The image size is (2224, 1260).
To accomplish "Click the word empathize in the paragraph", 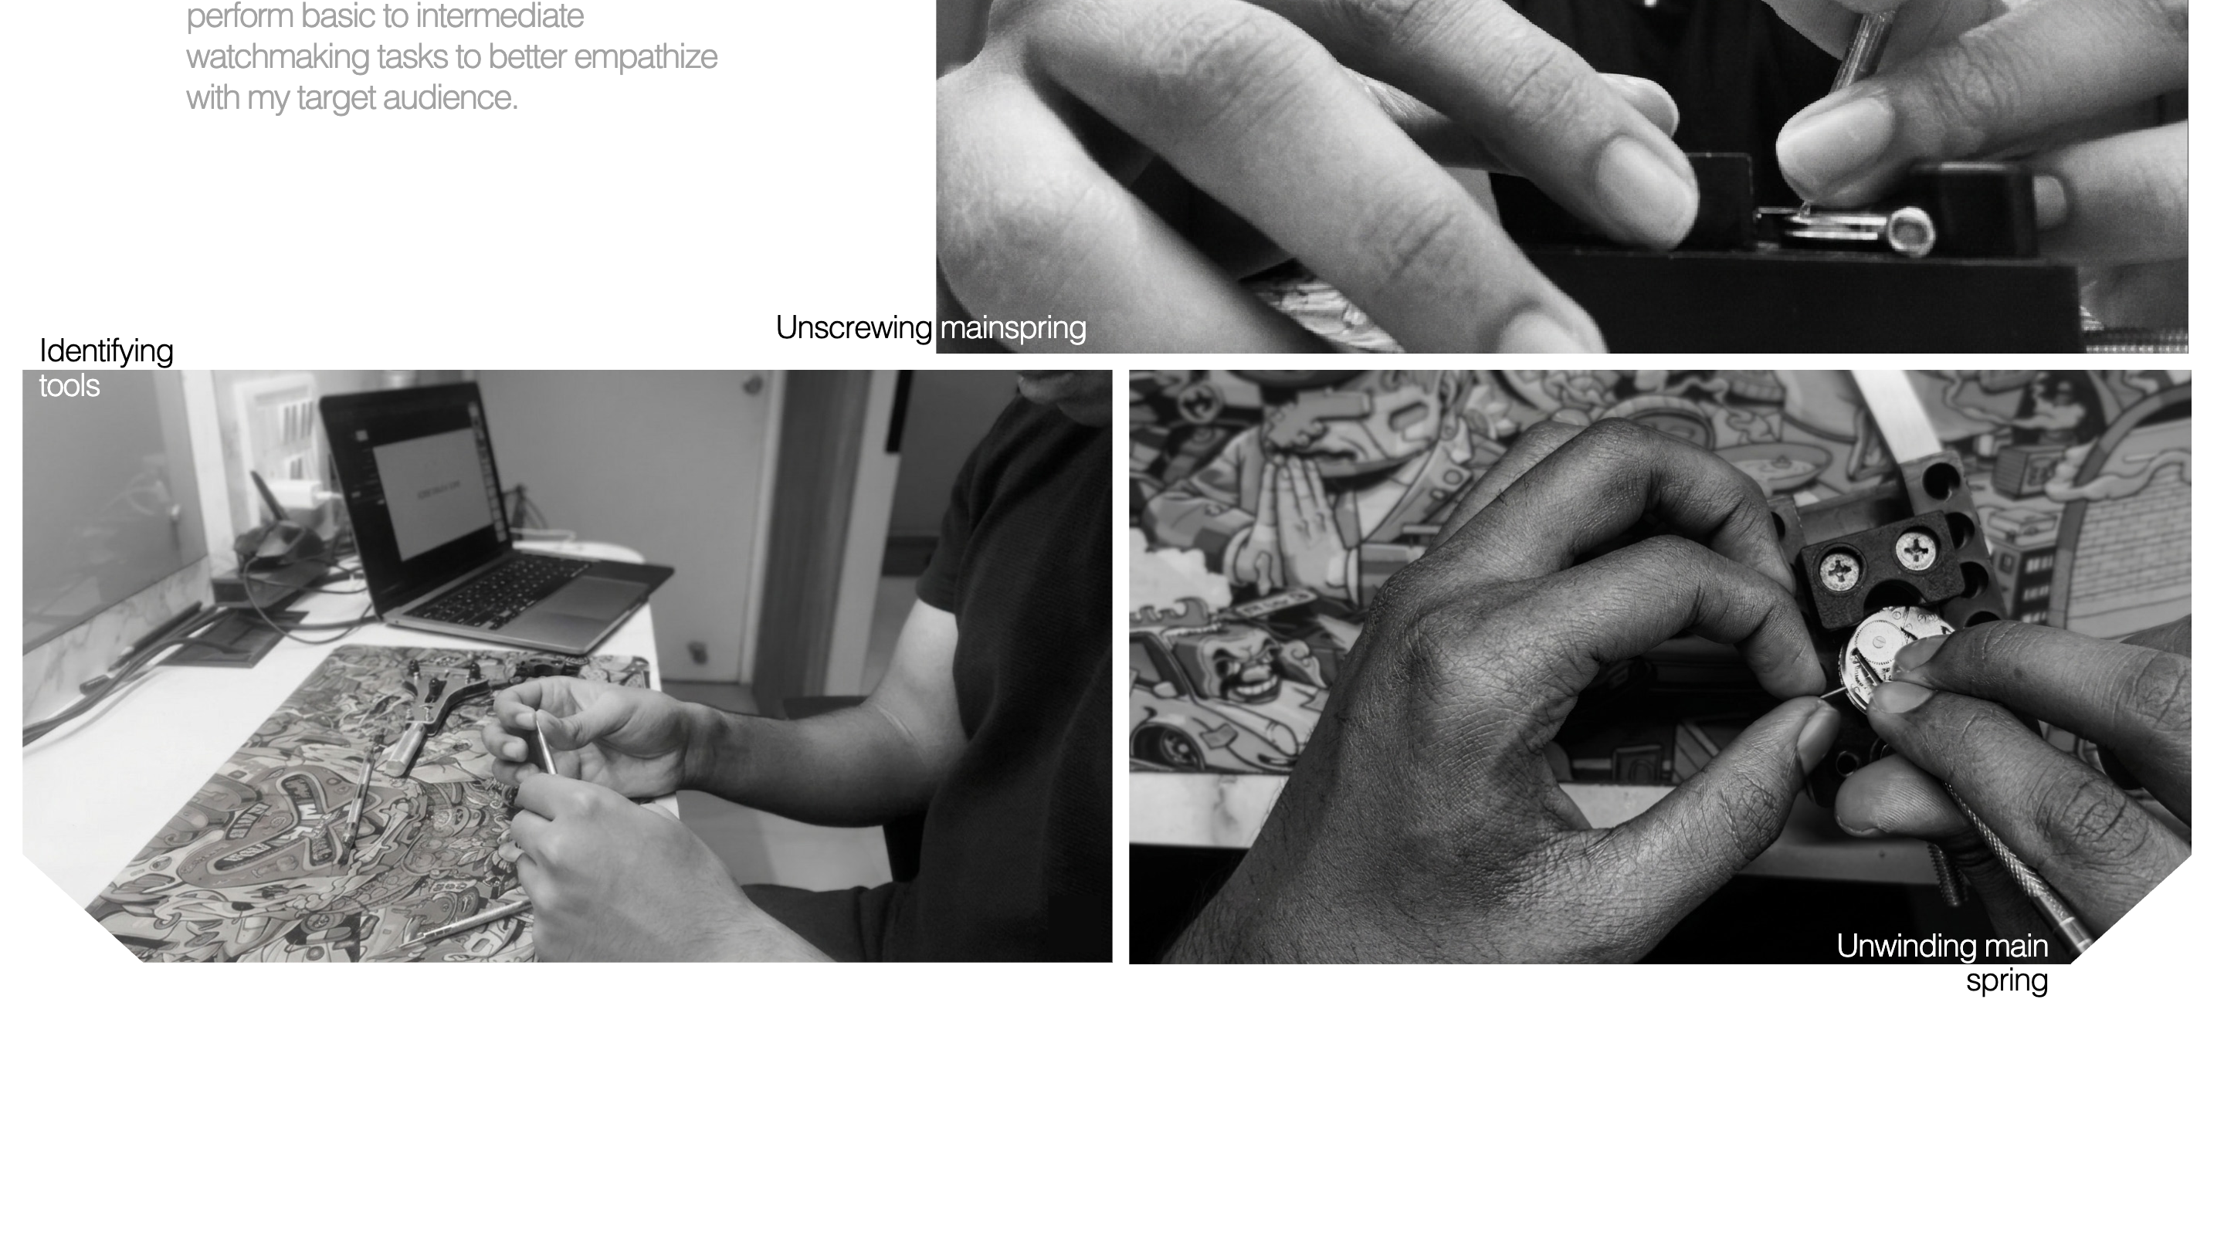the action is coord(646,57).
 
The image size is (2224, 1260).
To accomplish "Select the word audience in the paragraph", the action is coord(450,98).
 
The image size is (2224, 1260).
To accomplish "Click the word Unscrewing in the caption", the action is coord(853,328).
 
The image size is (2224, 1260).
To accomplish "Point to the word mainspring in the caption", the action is coord(1012,328).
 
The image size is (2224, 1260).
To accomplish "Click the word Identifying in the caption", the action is coord(107,351).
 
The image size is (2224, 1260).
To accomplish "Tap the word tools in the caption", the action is coord(69,385).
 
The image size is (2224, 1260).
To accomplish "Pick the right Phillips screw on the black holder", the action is coord(1916,550).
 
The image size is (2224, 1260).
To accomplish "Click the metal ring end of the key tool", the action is coord(1910,230).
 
